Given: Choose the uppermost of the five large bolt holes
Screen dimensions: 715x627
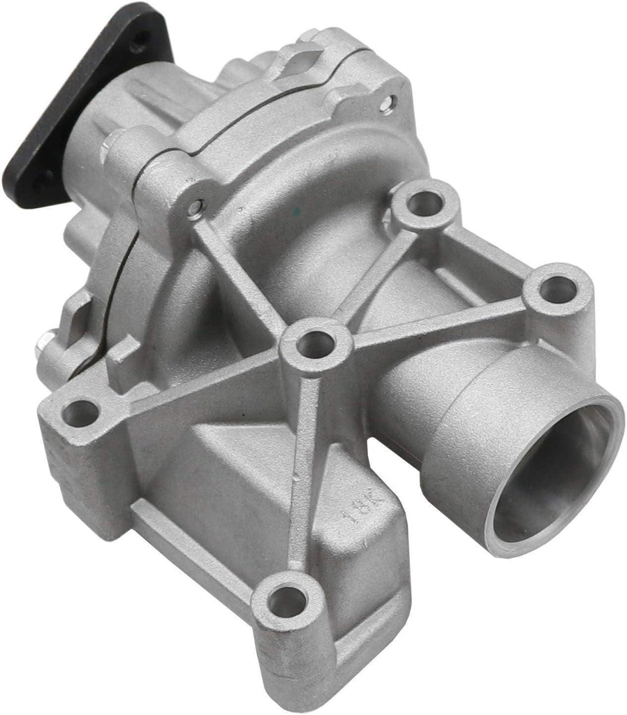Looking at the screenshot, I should point(425,202).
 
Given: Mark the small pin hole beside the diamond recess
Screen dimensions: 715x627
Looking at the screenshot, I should point(385,104).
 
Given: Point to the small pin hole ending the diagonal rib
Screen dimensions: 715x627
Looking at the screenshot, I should point(196,207).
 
